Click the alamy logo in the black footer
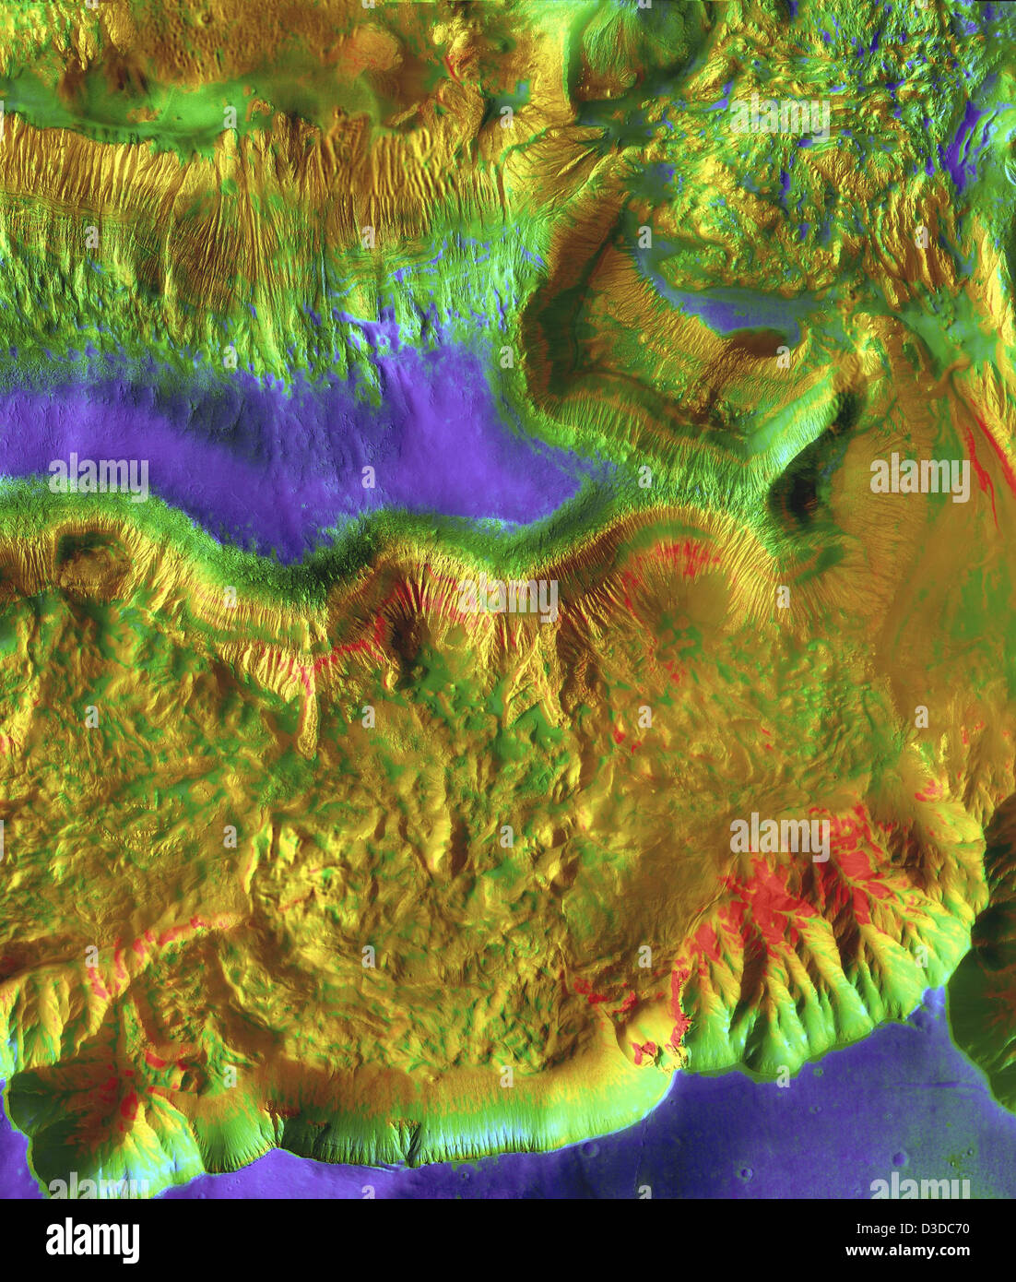click(92, 1240)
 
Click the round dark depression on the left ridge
click(92, 563)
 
